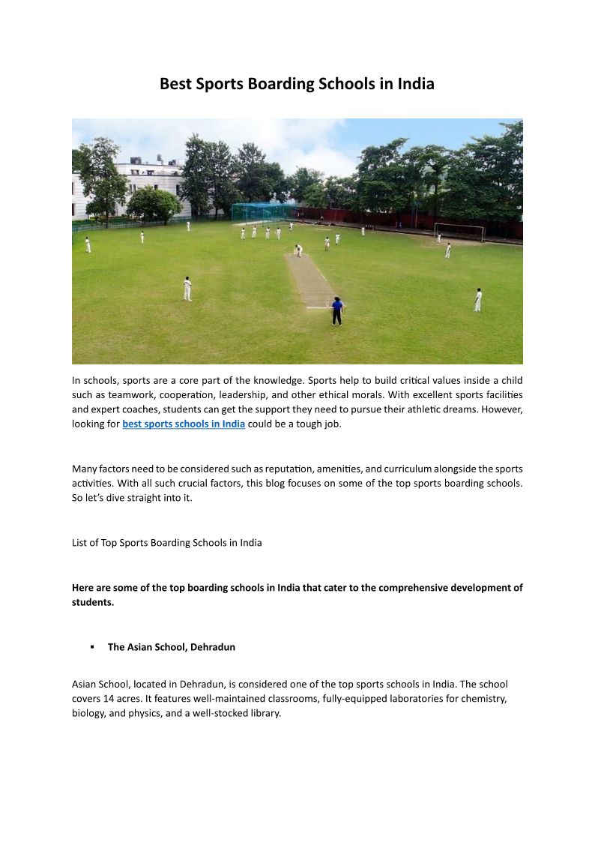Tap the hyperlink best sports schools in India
coord(184,424)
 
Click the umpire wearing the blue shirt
coord(337,310)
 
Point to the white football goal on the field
coord(459,231)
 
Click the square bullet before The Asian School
coord(91,646)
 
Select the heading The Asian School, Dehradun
coord(172,646)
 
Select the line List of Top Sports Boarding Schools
coord(167,542)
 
